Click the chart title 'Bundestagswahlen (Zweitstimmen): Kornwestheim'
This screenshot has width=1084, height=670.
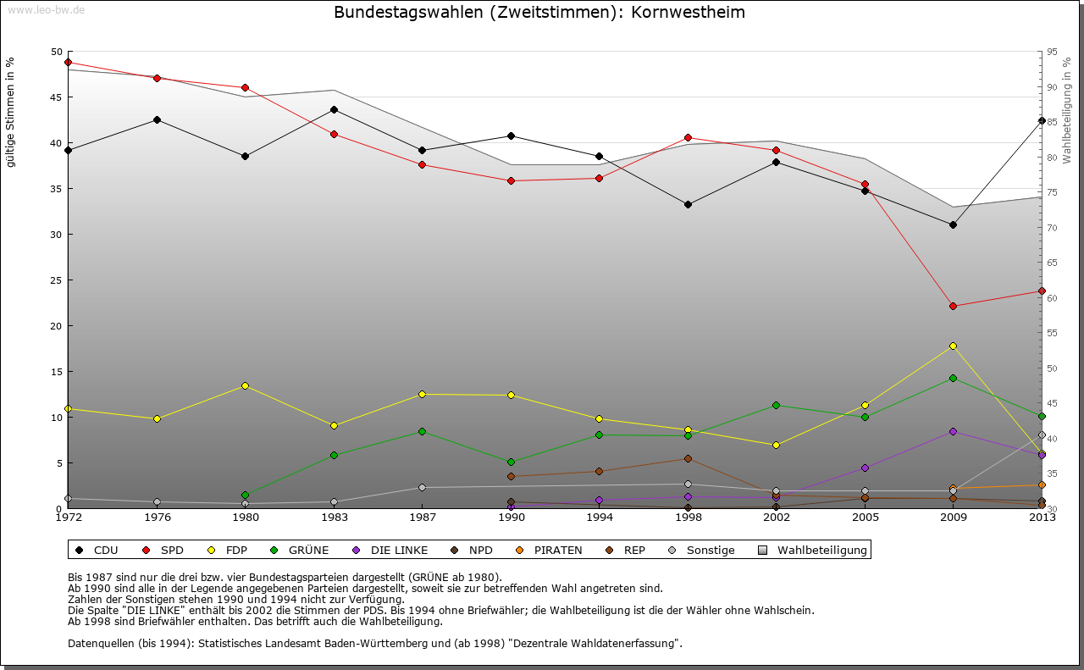539,13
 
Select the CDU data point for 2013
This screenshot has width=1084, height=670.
1042,120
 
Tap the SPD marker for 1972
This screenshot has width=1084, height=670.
68,62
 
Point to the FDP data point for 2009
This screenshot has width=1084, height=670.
953,346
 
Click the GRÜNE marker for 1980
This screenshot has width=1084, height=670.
245,495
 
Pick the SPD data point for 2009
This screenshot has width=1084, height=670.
953,306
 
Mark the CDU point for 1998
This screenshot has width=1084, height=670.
688,204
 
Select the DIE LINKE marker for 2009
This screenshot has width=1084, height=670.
953,431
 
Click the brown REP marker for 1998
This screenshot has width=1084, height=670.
688,458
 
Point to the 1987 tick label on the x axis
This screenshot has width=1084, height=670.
421,517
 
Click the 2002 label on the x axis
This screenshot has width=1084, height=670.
776,517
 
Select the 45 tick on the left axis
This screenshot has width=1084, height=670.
57,97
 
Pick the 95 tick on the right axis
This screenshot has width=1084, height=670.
1052,52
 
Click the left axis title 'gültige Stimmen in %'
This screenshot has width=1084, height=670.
10,112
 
